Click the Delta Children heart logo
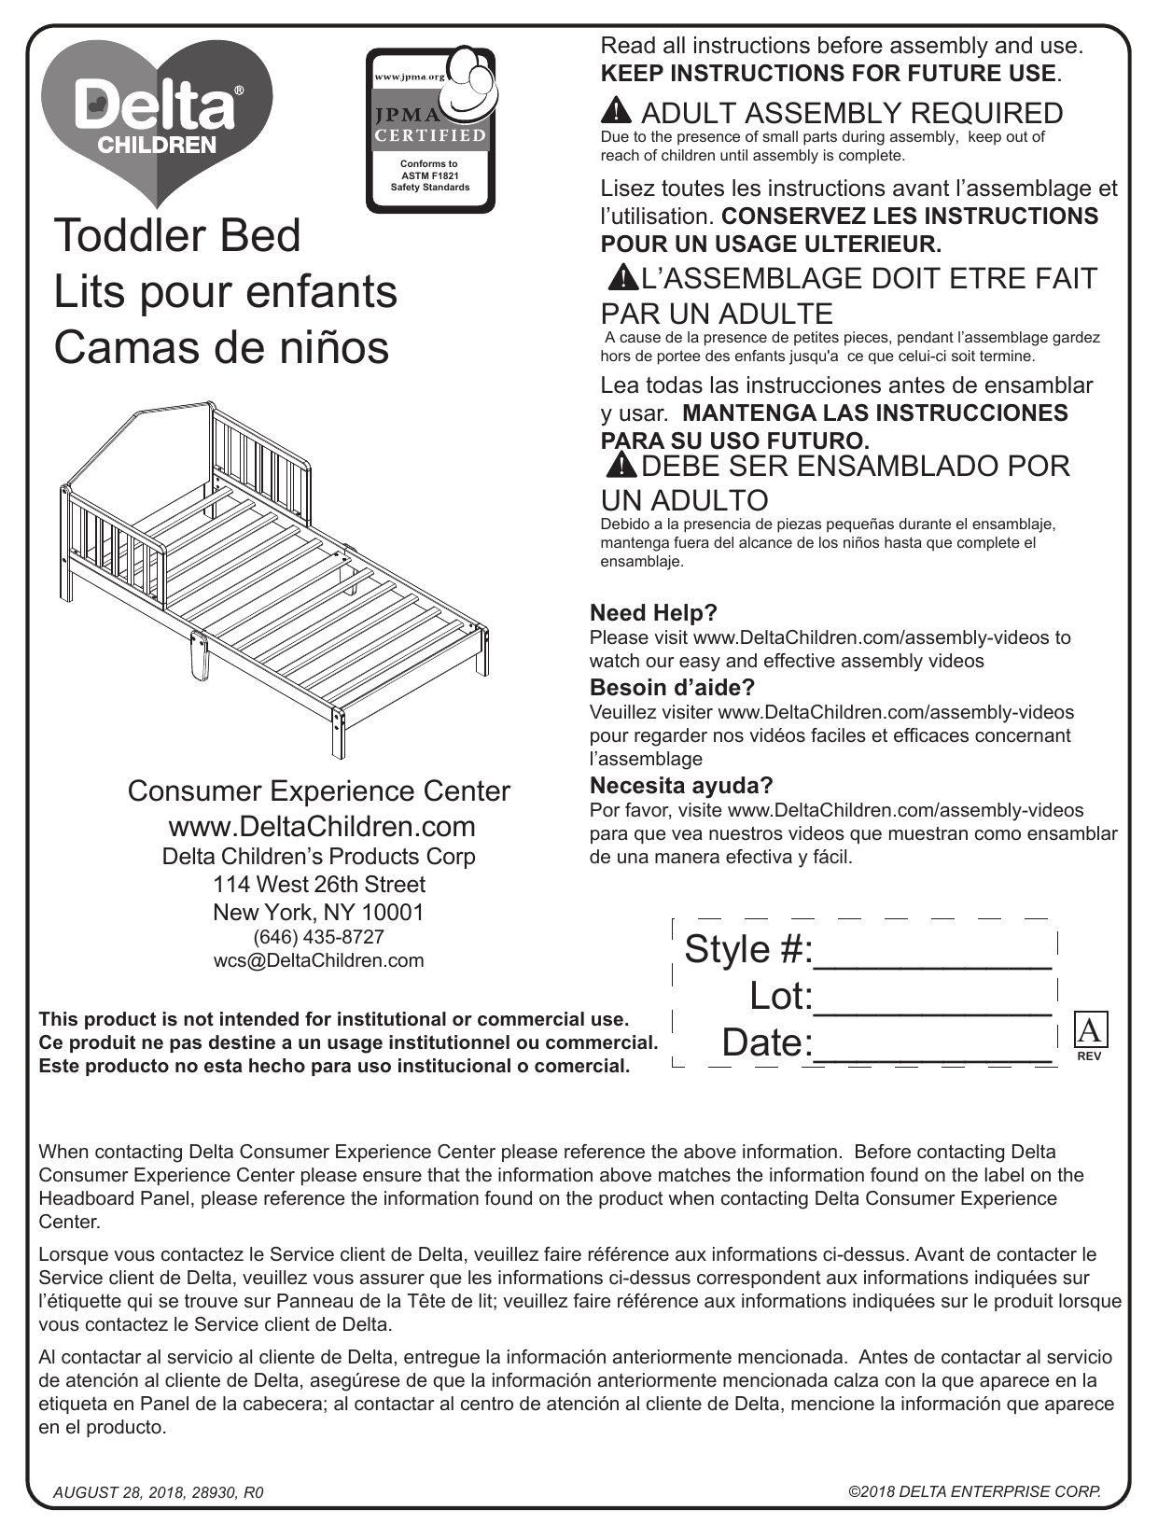click(x=157, y=117)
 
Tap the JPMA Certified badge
click(x=430, y=131)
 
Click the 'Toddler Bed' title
click(x=177, y=235)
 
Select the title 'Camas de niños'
click(x=221, y=347)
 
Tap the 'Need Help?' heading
click(x=653, y=613)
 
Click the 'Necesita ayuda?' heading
click(x=681, y=785)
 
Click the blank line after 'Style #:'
click(x=933, y=952)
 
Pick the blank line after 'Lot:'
click(x=933, y=999)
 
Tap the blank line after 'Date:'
click(x=933, y=1045)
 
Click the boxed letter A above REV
click(x=1089, y=1031)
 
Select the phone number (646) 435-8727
click(x=318, y=936)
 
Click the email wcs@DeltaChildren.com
click(x=318, y=960)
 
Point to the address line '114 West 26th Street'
click(x=318, y=884)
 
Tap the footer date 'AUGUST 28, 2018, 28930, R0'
click(x=159, y=1492)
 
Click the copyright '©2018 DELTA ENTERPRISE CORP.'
click(x=974, y=1491)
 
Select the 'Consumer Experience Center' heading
click(x=318, y=791)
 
